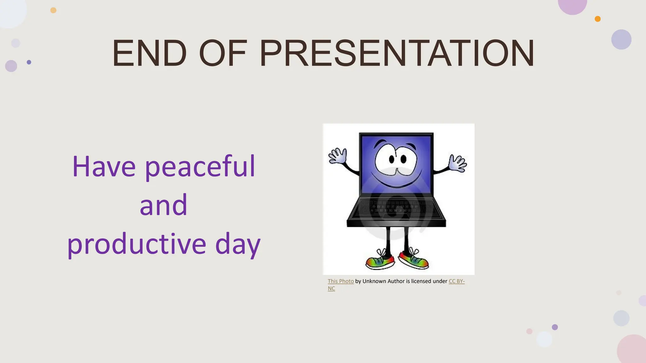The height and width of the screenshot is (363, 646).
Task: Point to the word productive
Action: tap(137, 245)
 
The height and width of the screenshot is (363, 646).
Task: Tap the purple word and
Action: tap(163, 205)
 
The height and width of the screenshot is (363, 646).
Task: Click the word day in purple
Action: tap(238, 245)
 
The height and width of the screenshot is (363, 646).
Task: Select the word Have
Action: tap(104, 166)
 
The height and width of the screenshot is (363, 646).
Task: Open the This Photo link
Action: tap(341, 281)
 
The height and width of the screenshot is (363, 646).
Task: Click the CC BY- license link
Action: tap(456, 281)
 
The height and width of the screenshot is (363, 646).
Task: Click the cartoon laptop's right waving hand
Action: tap(458, 163)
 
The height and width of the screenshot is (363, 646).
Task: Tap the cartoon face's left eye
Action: tap(392, 159)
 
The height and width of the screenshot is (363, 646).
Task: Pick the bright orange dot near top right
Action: tap(597, 19)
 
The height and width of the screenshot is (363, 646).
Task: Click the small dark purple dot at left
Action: tap(29, 62)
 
